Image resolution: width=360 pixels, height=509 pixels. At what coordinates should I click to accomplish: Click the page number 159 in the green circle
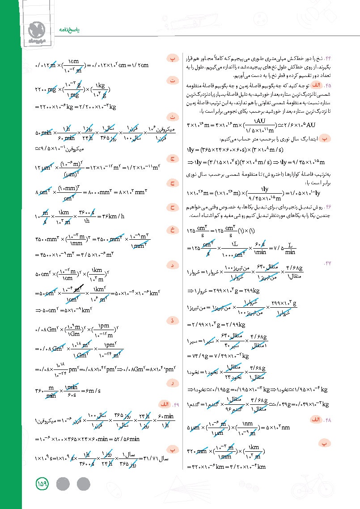(x=43, y=484)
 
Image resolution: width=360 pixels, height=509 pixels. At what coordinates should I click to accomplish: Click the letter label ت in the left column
(x=173, y=81)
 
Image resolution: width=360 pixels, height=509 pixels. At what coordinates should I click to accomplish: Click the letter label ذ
(x=173, y=320)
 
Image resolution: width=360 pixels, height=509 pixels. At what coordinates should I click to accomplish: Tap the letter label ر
(x=173, y=383)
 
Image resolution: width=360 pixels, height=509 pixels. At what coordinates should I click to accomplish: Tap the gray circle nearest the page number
(x=64, y=484)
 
